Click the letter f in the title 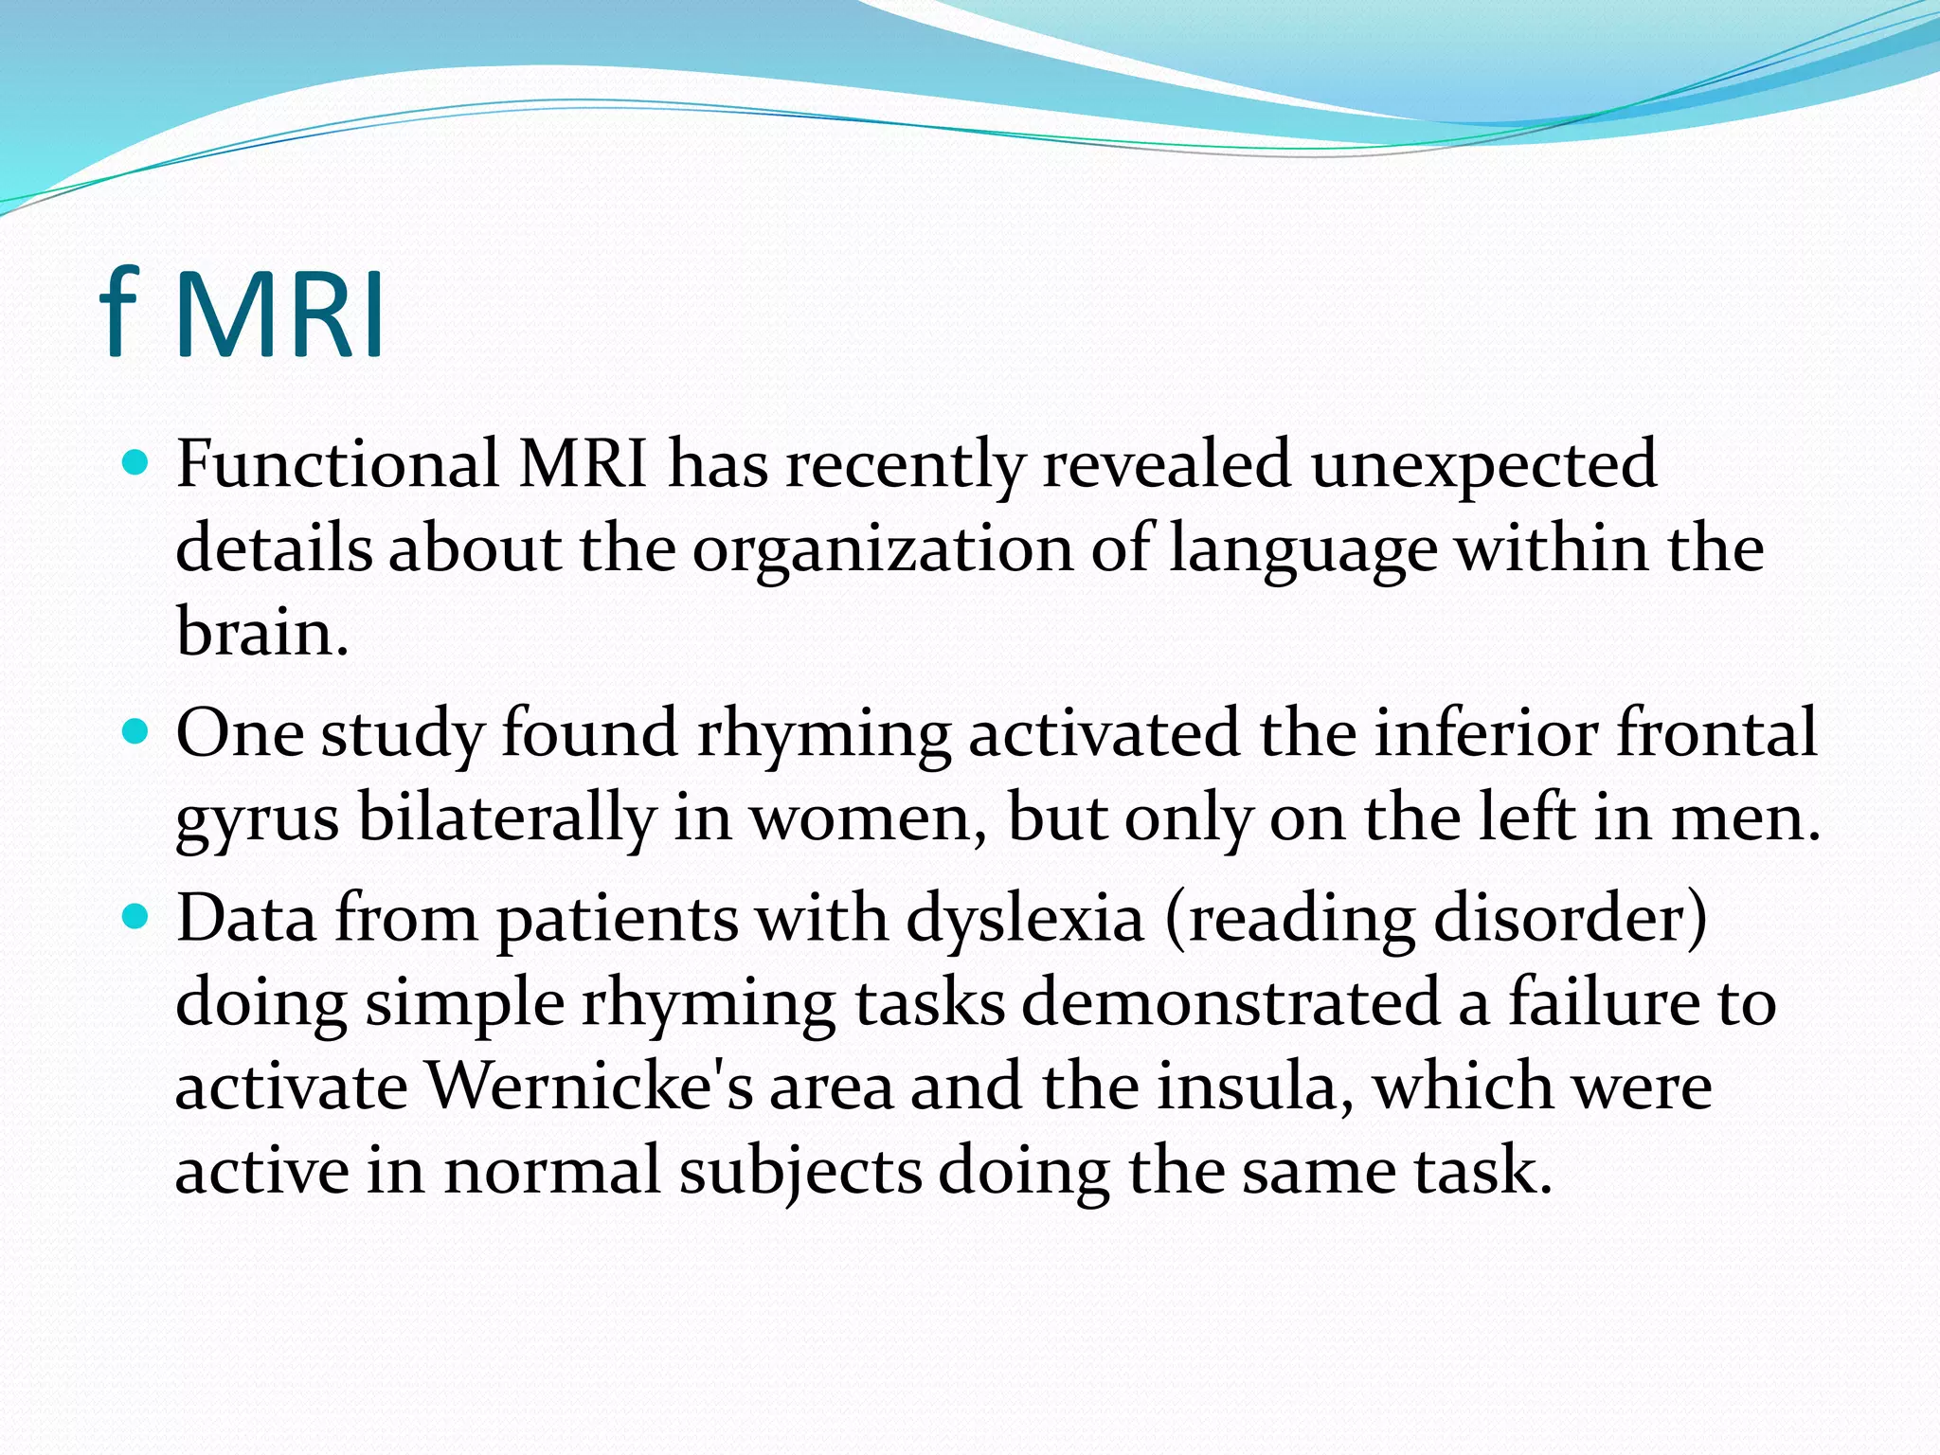(x=120, y=313)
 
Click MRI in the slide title (x=280, y=314)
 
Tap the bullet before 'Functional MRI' (x=137, y=463)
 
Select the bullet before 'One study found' (x=137, y=732)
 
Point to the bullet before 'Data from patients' (x=137, y=917)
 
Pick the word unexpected (x=1483, y=466)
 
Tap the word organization (x=883, y=549)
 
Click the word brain (x=261, y=633)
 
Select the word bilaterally (x=506, y=817)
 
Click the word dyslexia (x=1025, y=919)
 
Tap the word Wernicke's (x=589, y=1086)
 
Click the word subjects (x=800, y=1171)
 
